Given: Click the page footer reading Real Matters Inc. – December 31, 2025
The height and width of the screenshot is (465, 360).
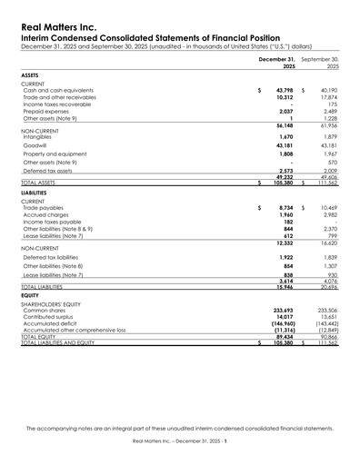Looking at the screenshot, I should [179, 440].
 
